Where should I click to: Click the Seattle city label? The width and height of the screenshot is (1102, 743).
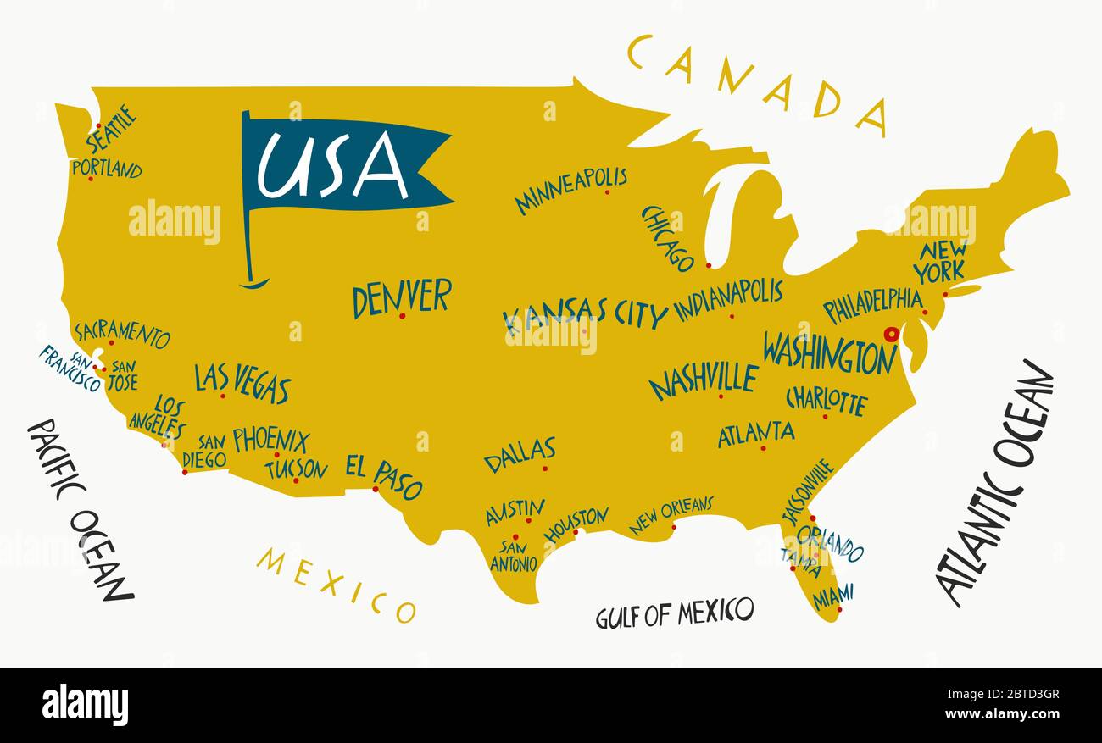coord(111,128)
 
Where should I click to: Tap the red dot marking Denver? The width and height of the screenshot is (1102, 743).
coord(402,316)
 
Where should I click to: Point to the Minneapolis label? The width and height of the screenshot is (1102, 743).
coord(570,189)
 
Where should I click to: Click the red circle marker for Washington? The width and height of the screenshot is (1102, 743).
coord(891,334)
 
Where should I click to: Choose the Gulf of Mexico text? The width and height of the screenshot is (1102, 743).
coord(674,613)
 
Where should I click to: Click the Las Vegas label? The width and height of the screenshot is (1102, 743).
coord(242,382)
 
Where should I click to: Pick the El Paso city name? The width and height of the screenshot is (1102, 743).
coord(383,474)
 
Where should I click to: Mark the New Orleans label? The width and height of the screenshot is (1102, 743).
coord(671,514)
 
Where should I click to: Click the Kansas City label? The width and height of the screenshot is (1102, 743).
coord(585,315)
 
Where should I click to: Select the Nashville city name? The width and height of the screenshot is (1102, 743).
coord(703,379)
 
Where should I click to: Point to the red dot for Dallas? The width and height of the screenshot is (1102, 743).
coord(544,469)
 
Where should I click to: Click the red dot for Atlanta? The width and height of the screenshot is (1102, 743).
coord(762,448)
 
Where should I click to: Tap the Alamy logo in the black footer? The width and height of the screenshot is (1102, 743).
coord(85,705)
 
